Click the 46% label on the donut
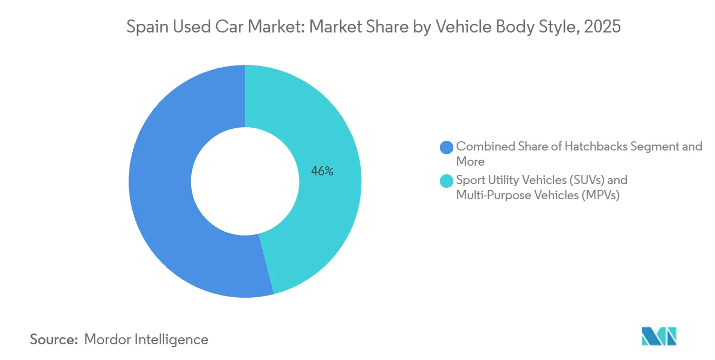click(x=322, y=172)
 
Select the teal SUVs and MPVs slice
click(x=325, y=135)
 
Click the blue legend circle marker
click(x=447, y=147)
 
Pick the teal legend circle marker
click(x=447, y=180)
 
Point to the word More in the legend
click(x=470, y=161)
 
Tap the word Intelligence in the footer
click(x=173, y=339)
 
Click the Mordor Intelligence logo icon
click(x=659, y=337)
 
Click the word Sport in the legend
click(x=471, y=180)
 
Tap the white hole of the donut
click(x=245, y=181)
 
